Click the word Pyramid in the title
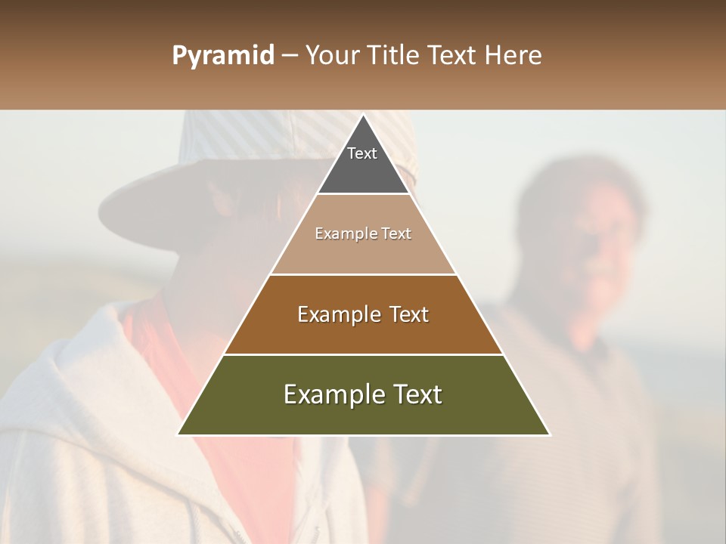(222, 56)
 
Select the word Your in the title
(330, 56)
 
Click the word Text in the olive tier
(417, 394)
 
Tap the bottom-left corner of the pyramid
(179, 434)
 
